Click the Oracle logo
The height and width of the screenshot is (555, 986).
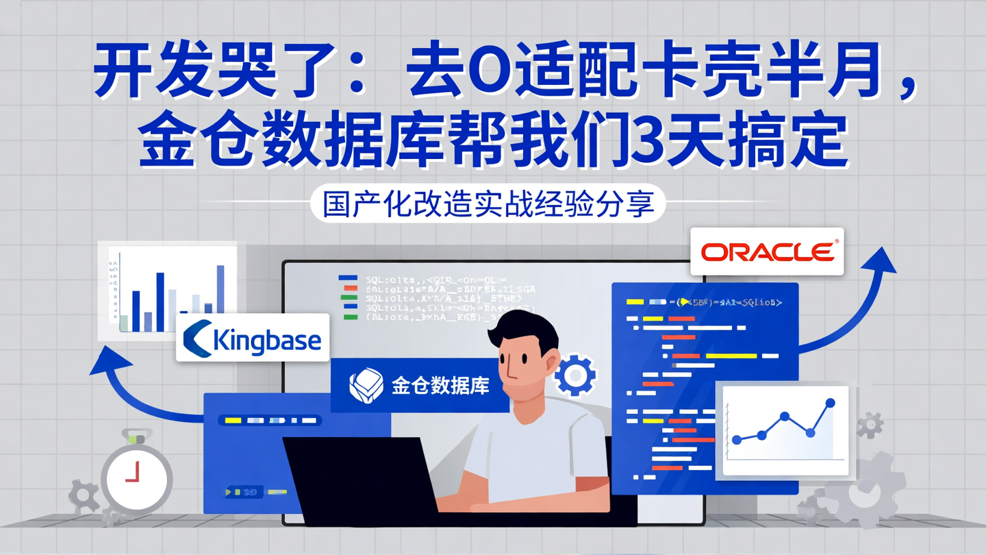coord(767,251)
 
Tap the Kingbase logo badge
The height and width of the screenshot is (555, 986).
coord(253,338)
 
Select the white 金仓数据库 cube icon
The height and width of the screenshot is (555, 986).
coord(366,385)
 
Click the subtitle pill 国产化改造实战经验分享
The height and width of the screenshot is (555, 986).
coord(488,203)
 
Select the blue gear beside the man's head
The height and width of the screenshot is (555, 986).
coord(574,375)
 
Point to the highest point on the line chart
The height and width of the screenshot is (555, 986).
coord(831,404)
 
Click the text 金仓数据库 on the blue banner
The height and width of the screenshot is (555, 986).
coord(440,386)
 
